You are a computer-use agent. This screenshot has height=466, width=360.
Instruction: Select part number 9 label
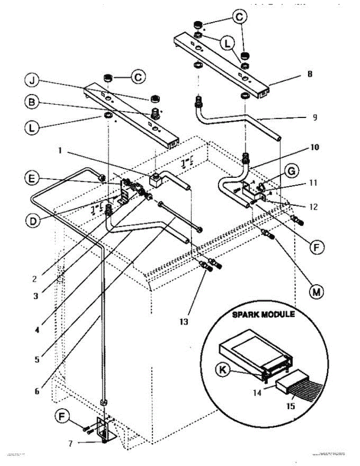pyautogui.click(x=314, y=116)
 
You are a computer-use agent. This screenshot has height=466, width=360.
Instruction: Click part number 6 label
pyautogui.click(x=37, y=391)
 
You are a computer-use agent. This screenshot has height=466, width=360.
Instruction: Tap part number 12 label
pyautogui.click(x=314, y=207)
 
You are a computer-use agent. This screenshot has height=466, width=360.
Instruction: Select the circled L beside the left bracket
pyautogui.click(x=34, y=127)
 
